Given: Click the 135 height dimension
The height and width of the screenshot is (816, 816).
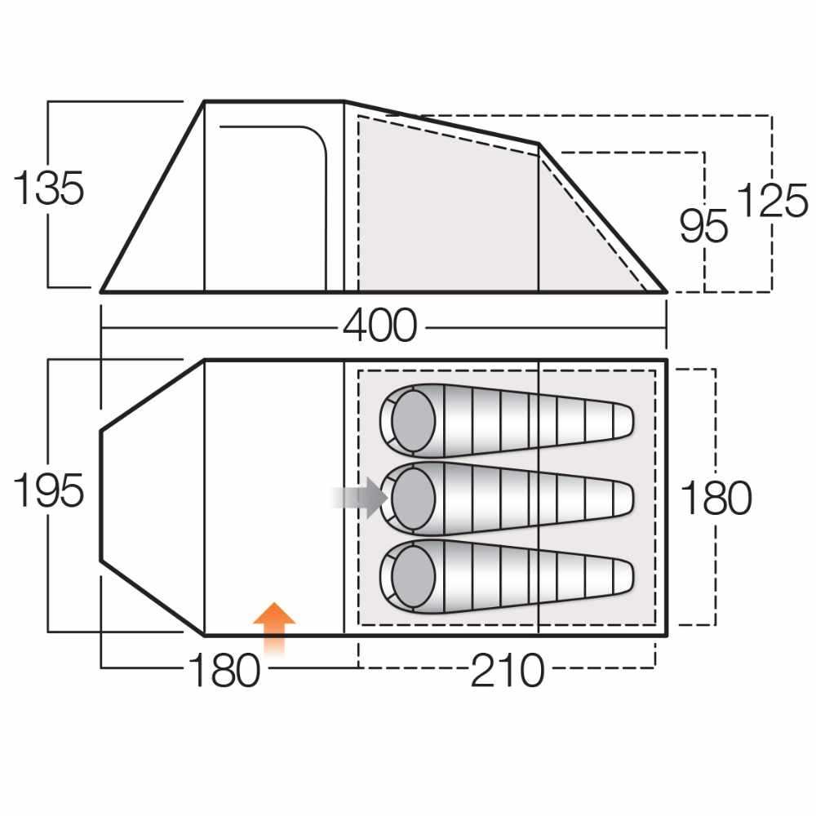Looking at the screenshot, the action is coord(48,188).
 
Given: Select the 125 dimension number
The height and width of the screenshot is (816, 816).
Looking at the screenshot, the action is coord(773,201).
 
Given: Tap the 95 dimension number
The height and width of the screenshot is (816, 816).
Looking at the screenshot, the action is coord(703,226).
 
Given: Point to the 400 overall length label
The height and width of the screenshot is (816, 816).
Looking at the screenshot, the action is coord(380,326).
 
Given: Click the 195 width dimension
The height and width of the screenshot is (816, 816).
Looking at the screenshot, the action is coord(48,490).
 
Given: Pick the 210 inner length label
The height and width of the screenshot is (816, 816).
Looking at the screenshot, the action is coord(508,671).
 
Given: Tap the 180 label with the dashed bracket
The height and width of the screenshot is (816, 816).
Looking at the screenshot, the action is coord(716,498).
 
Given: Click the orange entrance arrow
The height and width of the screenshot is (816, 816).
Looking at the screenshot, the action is coord(274,628).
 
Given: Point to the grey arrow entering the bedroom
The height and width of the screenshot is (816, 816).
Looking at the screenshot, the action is coord(361,498).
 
